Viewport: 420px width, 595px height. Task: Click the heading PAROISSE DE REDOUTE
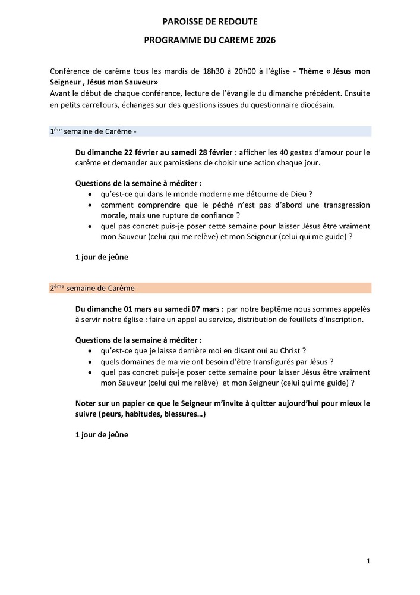click(x=210, y=22)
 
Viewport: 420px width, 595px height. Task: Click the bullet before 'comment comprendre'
click(x=90, y=205)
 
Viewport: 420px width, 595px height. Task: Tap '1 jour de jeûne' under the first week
click(x=102, y=258)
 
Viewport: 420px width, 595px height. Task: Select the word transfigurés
click(x=263, y=361)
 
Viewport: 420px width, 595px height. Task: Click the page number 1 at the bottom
click(x=368, y=561)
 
